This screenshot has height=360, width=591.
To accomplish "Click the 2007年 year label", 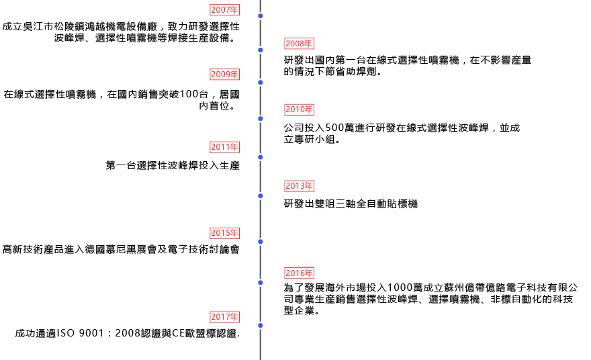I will pos(224,9).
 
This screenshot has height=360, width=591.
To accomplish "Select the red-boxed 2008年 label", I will pos(299,44).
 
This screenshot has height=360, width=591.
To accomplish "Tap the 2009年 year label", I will pos(224,74).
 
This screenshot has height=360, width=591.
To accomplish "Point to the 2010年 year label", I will pos(299,109).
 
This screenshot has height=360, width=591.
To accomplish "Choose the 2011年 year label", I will pos(224,147).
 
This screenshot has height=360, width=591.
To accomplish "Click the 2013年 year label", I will pos(299,186).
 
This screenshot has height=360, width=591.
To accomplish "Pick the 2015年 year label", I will pos(224,233).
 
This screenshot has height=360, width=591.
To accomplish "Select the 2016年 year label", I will pos(299,273).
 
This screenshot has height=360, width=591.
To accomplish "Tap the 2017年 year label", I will pos(224,317).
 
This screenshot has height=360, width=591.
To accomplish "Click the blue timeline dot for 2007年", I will pos(261,15).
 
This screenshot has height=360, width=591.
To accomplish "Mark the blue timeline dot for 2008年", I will pos(261,50).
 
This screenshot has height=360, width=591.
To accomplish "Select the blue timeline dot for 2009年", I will pos(261,82).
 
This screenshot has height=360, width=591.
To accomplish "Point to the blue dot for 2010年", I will pos(261,118).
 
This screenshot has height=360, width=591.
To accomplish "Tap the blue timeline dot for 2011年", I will pos(261,156).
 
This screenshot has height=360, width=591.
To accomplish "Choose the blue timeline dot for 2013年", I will pos(261,195).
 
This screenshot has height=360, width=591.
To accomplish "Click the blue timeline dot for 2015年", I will pos(261,241).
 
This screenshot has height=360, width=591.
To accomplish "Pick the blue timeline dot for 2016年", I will pos(261,282).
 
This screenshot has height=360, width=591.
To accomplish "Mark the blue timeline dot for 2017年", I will pos(261,326).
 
